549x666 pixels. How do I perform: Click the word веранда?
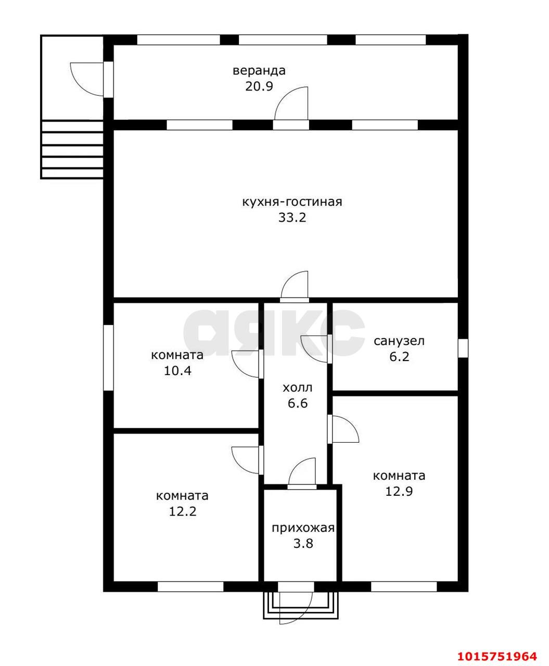tap(259, 71)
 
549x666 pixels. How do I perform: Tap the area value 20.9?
tap(259, 86)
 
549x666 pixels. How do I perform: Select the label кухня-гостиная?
tap(292, 202)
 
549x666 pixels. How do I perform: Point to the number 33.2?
tap(292, 217)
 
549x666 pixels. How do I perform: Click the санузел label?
tap(399, 341)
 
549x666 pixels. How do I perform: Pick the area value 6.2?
tap(399, 356)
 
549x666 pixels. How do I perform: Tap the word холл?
tap(297, 388)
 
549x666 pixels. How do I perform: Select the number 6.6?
tap(298, 403)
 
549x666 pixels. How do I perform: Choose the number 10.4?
tap(177, 370)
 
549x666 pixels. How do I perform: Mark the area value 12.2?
tap(183, 511)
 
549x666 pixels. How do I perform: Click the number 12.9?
tap(399, 491)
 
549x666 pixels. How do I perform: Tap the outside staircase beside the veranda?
tap(72, 149)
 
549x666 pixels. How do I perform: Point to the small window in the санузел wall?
tap(463, 348)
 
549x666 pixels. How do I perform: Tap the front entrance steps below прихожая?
tap(300, 608)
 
